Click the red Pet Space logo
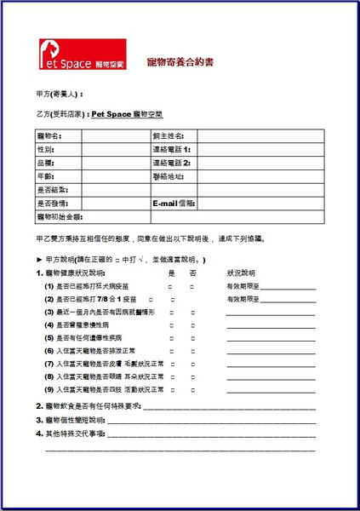tap(82, 55)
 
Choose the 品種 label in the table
tap(46, 163)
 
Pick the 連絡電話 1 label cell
tap(172, 149)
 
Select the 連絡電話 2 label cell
tap(172, 163)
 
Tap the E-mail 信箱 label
tap(174, 204)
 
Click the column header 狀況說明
tap(241, 273)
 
